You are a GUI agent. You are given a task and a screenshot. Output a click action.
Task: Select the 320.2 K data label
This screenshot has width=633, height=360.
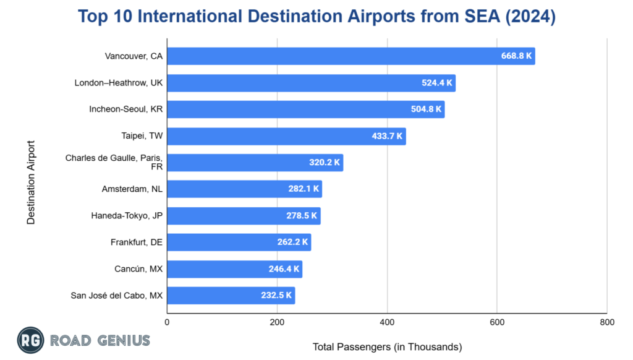[325, 163]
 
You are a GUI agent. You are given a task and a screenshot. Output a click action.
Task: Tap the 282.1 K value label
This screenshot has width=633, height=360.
[304, 189]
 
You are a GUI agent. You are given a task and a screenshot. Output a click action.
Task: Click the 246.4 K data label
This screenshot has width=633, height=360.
[284, 269]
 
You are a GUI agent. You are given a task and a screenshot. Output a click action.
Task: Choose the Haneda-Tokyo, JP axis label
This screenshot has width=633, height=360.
[127, 216]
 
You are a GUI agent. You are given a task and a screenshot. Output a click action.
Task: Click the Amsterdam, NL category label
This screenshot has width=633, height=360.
[132, 189]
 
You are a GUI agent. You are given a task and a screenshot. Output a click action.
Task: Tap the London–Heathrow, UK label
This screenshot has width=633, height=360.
[118, 83]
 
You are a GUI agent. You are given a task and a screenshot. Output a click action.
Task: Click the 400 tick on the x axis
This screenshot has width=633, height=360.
[387, 322]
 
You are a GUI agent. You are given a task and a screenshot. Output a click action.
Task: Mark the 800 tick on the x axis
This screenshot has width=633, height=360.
[606, 322]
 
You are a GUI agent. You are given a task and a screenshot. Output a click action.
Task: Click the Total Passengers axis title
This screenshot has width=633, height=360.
[387, 346]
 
